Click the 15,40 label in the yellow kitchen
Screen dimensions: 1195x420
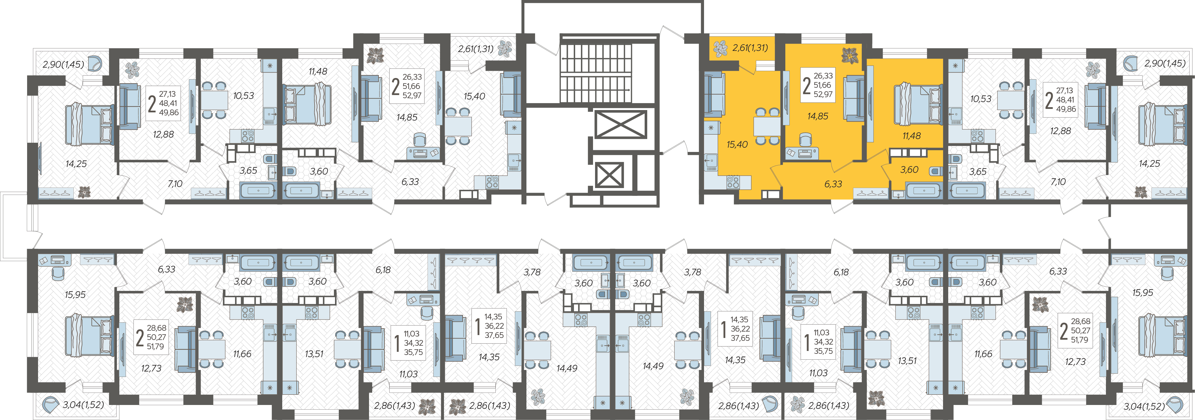pos(737,144)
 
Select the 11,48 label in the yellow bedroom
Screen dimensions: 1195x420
pos(912,136)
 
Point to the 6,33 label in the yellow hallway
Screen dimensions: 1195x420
pos(833,184)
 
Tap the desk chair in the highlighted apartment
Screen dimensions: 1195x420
pos(805,140)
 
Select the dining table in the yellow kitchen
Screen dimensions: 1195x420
pos(767,126)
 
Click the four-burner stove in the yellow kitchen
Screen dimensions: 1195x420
pos(733,182)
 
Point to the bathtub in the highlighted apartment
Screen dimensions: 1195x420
pos(923,190)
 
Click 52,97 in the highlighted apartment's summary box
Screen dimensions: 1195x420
pos(823,94)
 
